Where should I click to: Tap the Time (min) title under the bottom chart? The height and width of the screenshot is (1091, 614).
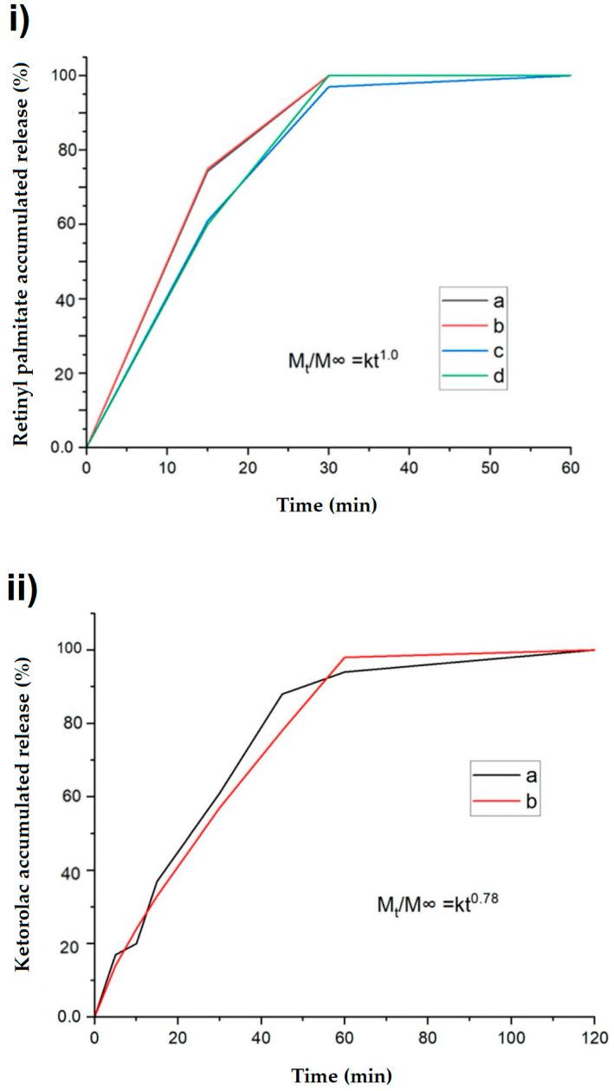click(344, 1076)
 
